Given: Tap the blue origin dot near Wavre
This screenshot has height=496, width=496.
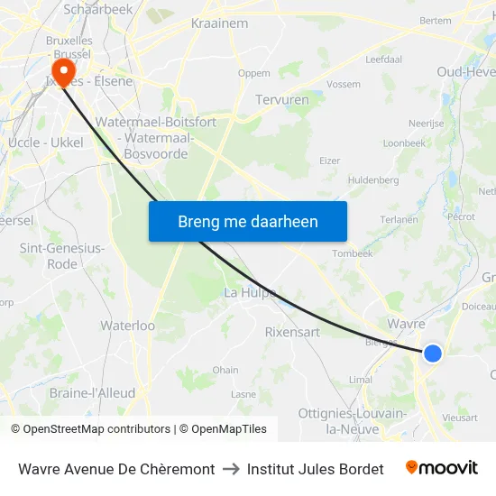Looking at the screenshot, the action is [433, 354].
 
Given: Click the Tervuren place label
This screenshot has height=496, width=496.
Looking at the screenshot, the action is [282, 100].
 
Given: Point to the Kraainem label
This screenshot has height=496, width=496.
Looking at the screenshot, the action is [214, 23].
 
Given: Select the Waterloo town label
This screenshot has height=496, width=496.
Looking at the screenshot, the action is [128, 326].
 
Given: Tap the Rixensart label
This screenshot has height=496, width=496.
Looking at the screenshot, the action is [292, 332].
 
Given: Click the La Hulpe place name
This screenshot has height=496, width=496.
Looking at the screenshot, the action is [249, 292].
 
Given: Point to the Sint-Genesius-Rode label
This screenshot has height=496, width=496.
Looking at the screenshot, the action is [61, 256].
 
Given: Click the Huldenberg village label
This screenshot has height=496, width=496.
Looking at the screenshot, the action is [373, 180].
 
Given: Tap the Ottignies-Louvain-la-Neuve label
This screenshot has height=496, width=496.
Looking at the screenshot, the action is [353, 420].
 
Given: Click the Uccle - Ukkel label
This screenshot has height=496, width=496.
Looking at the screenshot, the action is [45, 142].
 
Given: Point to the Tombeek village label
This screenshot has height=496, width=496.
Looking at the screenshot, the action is [353, 253].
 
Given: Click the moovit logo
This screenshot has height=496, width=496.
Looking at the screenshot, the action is [441, 468].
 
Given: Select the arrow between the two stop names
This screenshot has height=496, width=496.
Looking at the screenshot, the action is [231, 469].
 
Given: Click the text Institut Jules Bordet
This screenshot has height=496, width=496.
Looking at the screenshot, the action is [315, 469].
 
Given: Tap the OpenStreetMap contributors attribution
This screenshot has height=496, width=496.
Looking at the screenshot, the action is [91, 429].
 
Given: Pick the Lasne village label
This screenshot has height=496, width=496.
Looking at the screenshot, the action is [243, 394].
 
